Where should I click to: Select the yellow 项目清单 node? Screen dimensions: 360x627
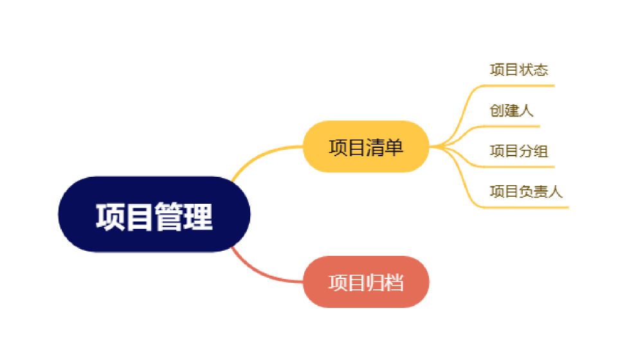[x=365, y=147]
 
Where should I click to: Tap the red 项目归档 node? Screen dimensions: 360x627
[x=365, y=282]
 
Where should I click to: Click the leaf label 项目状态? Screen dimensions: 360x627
[x=518, y=69]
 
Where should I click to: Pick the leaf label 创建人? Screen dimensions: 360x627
[x=511, y=111]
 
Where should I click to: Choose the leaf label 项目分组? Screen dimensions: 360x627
[x=518, y=151]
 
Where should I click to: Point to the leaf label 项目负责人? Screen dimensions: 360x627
[x=526, y=192]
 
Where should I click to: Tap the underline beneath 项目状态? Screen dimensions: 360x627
[x=521, y=85]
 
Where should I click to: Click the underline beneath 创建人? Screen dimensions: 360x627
[x=514, y=126]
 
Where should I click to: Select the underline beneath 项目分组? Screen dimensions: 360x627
[x=521, y=166]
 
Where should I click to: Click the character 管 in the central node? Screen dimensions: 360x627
[x=169, y=216]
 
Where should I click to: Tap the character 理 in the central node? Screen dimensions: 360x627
[x=198, y=216]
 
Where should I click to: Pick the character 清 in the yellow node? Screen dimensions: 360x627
[x=375, y=147]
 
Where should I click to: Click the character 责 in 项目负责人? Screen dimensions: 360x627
[x=541, y=192]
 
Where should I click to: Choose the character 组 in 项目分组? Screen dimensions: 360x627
[x=541, y=151]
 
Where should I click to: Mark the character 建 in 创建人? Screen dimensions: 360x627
[x=511, y=111]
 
